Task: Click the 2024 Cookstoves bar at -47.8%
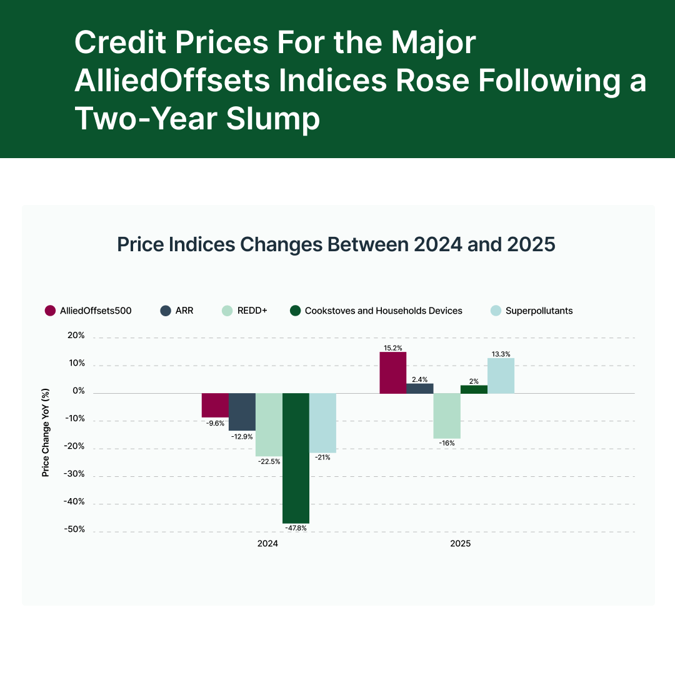click(x=296, y=458)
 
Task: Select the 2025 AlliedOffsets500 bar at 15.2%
click(x=393, y=373)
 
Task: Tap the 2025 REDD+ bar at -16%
click(x=447, y=416)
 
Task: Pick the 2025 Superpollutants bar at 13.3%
click(x=501, y=376)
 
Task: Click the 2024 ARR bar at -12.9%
click(x=242, y=412)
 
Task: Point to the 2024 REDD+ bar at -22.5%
click(x=269, y=425)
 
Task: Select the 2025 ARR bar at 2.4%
click(x=420, y=389)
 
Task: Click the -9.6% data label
click(x=215, y=423)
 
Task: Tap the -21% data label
click(x=322, y=457)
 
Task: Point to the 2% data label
click(x=473, y=381)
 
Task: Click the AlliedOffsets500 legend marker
click(x=51, y=311)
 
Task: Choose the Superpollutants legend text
click(x=539, y=311)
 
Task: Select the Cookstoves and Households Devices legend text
click(x=383, y=311)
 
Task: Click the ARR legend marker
click(x=166, y=311)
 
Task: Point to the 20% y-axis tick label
click(x=75, y=336)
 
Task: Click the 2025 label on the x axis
click(x=461, y=544)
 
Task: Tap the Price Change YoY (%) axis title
click(x=46, y=432)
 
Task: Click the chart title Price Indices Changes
click(x=336, y=244)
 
